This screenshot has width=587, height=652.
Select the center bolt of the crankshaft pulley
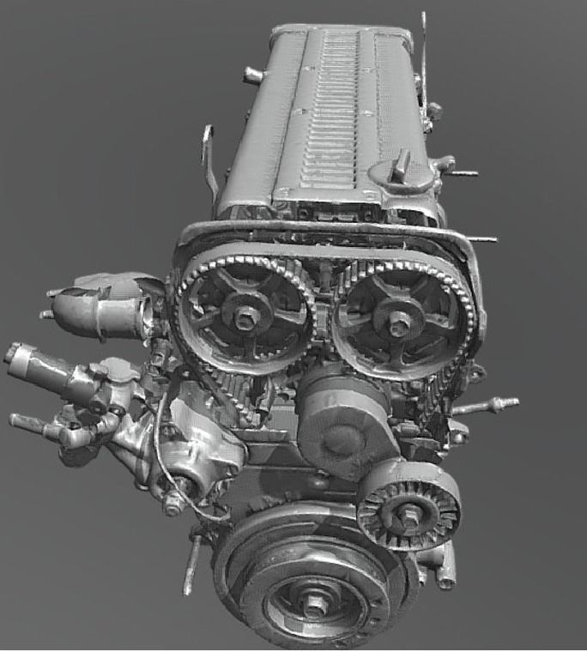(x=315, y=604)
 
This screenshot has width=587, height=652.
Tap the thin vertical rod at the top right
(x=424, y=60)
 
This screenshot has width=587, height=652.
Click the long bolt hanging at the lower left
(x=191, y=566)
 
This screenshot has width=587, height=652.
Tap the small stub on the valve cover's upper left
(x=251, y=75)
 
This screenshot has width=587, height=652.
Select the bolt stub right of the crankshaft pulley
(x=444, y=575)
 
